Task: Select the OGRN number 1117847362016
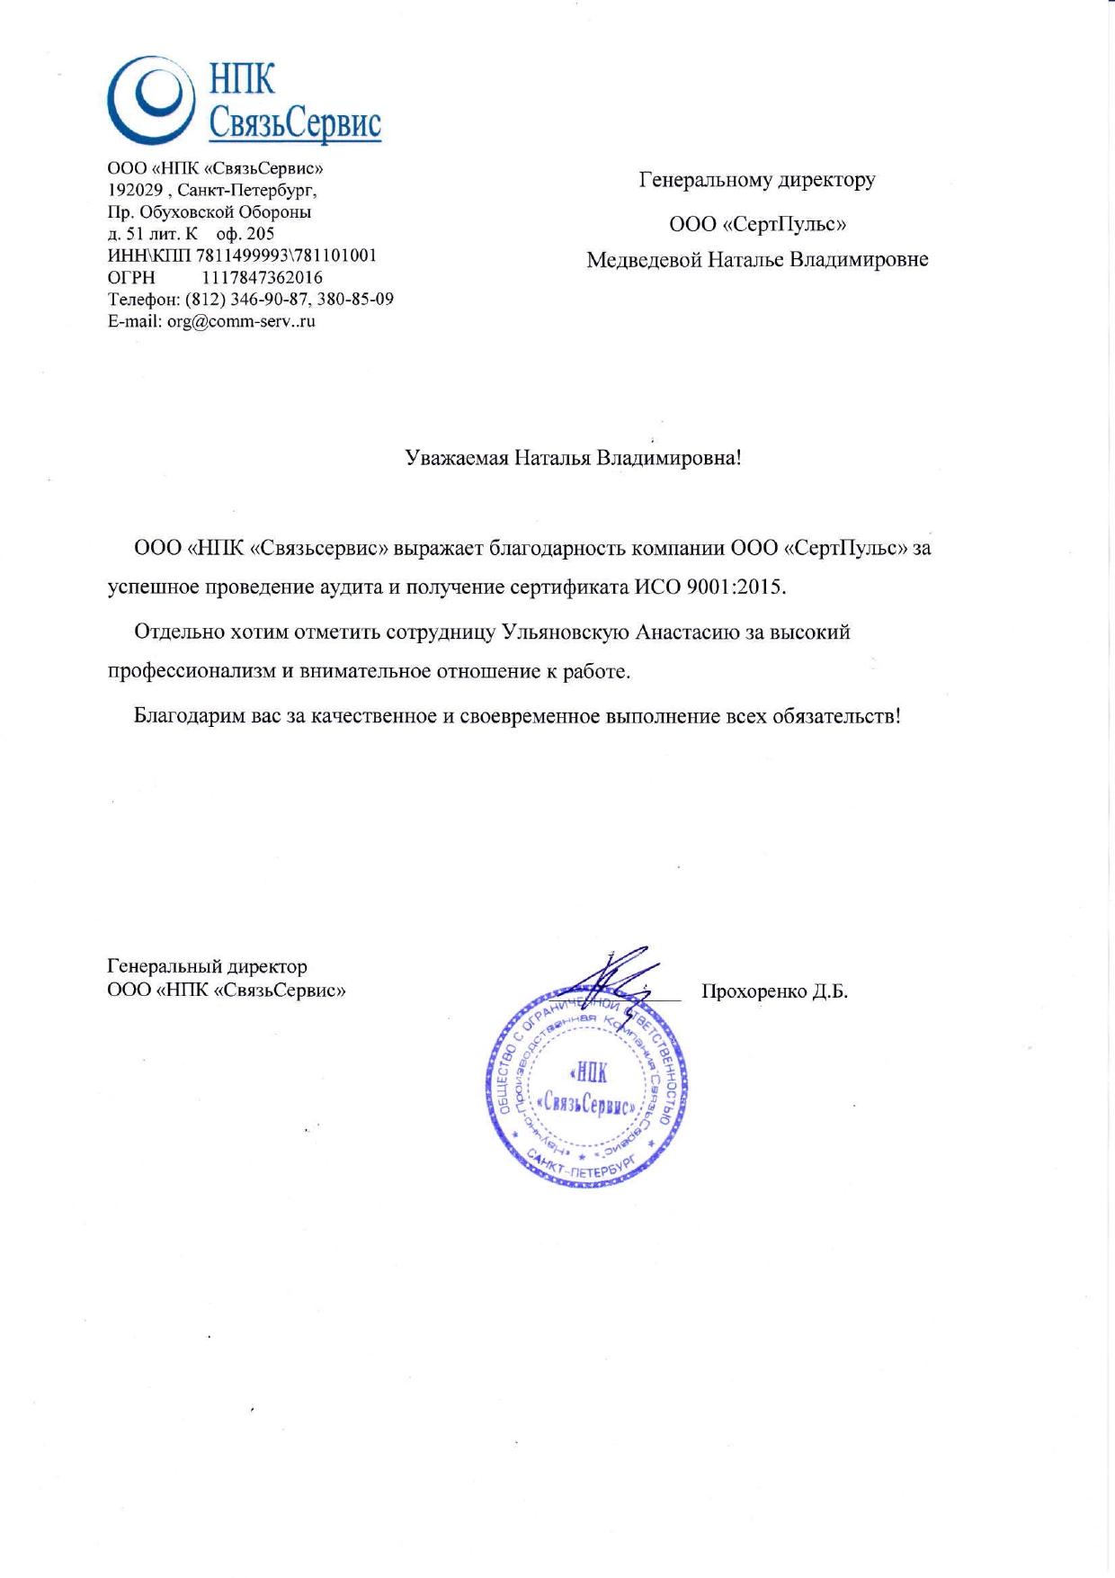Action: (263, 278)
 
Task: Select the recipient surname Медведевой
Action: (643, 260)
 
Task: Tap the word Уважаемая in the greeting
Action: (456, 458)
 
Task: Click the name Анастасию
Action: (688, 632)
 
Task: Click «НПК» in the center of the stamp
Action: (589, 1072)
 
